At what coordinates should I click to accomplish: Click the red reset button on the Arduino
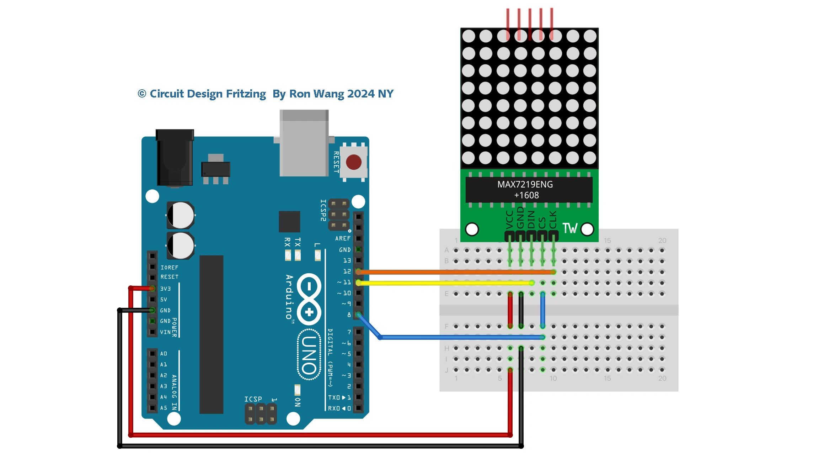(353, 162)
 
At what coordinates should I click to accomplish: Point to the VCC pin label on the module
(509, 220)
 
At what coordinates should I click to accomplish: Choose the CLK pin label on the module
(553, 220)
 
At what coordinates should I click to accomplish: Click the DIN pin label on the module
(531, 219)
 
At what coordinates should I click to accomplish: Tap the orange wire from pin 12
(444, 272)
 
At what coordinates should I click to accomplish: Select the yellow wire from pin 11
(444, 283)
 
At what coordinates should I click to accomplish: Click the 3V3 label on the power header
(165, 289)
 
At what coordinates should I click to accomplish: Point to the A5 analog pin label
(164, 408)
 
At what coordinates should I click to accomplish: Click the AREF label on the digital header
(343, 238)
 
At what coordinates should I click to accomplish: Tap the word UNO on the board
(309, 355)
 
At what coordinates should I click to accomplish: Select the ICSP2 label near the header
(323, 210)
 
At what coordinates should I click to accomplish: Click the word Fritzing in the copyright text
(246, 94)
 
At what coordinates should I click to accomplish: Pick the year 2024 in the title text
(361, 94)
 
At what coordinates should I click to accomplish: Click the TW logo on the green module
(570, 228)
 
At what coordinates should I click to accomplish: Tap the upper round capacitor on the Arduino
(181, 215)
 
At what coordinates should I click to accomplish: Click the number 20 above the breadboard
(662, 241)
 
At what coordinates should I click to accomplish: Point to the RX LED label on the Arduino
(288, 242)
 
